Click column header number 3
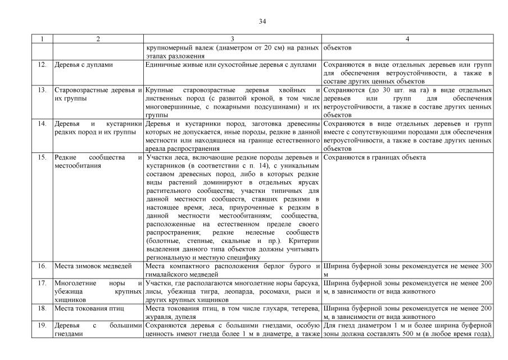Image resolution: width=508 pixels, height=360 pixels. (233, 39)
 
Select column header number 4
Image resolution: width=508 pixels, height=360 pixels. (408, 39)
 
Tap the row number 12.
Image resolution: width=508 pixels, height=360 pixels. (42, 65)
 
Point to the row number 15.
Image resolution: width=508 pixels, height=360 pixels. (42, 157)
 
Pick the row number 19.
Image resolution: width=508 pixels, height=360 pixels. (42, 325)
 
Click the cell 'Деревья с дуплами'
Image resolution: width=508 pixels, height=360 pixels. (84, 65)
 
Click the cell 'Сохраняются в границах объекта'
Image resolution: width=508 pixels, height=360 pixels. (375, 157)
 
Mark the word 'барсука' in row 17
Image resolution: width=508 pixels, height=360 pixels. (306, 283)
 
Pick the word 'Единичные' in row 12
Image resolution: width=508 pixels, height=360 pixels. (162, 65)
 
